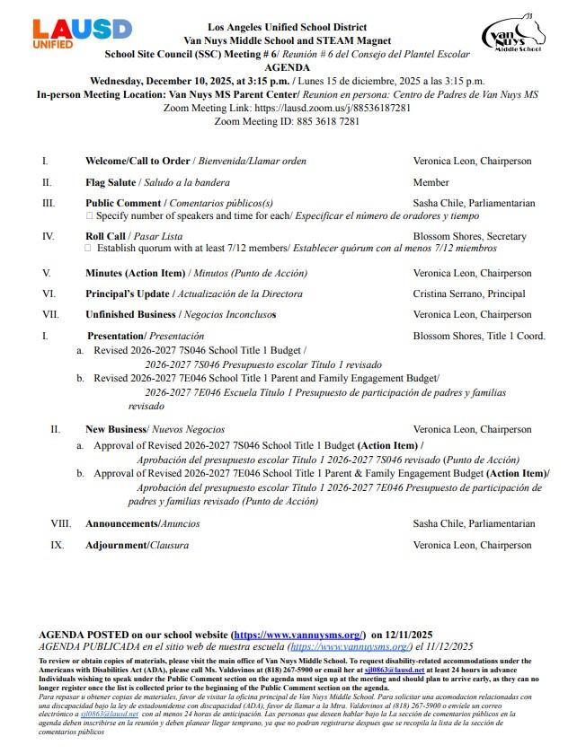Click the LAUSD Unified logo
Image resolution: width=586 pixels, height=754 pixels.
coord(82,34)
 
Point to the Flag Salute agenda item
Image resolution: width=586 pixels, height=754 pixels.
coord(111,182)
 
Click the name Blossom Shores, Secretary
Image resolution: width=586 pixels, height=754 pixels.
coord(469,236)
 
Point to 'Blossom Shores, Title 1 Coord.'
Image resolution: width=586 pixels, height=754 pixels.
coord(479,336)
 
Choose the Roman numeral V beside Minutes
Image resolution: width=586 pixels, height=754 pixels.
coord(46,273)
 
